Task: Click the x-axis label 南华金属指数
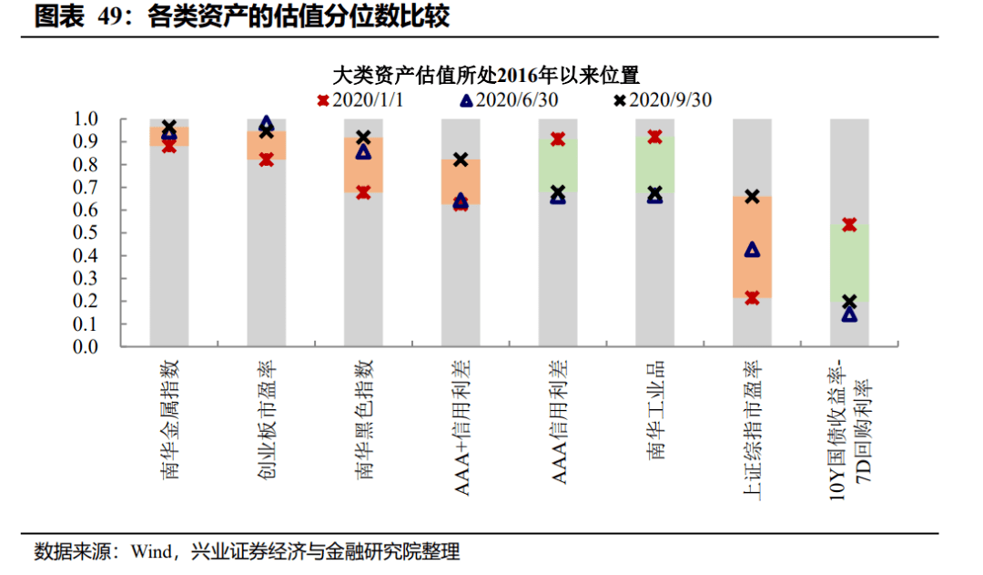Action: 170,418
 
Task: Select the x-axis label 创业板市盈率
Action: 267,418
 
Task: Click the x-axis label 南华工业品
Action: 655,409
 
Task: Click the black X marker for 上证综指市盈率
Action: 752,196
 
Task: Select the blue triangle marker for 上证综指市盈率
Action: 752,250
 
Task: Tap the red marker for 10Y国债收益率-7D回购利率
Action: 849,224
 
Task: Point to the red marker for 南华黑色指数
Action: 363,192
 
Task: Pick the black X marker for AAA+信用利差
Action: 461,159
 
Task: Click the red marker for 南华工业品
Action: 654,137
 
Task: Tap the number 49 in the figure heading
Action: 112,17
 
